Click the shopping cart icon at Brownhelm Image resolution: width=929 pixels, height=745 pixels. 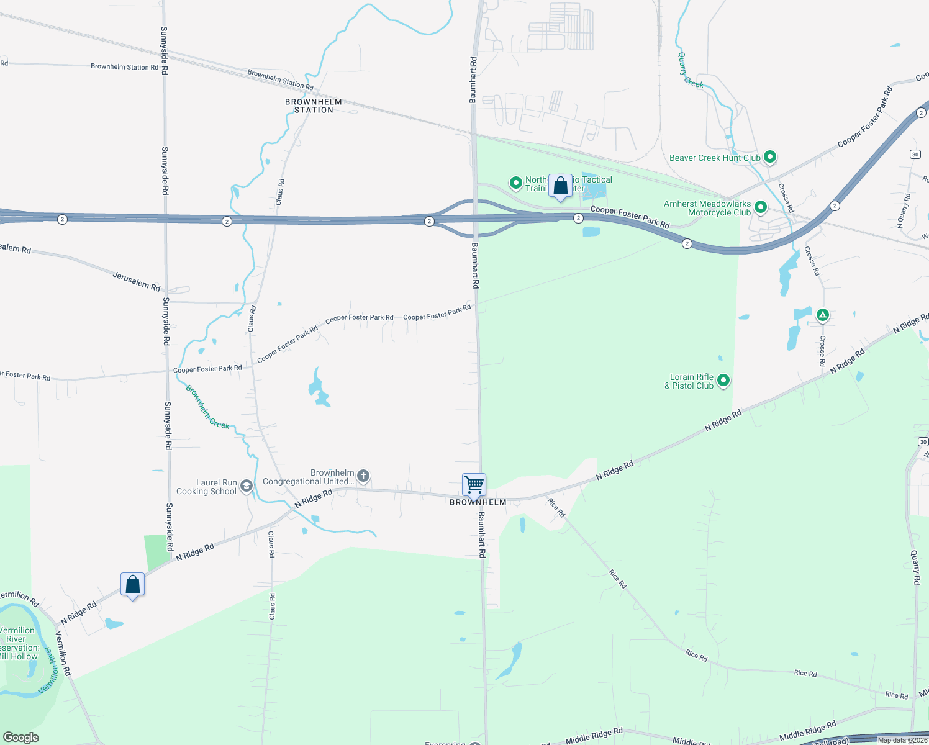coord(474,484)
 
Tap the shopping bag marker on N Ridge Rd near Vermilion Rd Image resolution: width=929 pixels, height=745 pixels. coord(132,585)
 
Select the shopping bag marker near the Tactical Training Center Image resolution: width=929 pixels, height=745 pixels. coord(560,186)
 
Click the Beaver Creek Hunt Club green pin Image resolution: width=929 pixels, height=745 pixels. coord(770,157)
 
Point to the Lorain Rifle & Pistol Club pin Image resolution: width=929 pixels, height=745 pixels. coord(723,380)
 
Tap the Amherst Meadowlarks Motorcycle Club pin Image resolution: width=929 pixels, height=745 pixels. coord(760,207)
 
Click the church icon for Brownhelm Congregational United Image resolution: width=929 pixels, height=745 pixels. coord(363,476)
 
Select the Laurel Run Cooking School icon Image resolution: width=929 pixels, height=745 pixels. coord(247,485)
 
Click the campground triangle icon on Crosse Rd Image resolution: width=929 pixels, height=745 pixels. coord(822,315)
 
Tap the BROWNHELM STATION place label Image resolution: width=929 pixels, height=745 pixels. coord(314,106)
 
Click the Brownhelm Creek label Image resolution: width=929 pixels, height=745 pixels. coord(207,407)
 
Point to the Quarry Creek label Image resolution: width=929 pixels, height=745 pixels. coord(691,70)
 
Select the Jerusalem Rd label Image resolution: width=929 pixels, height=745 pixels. coord(136,281)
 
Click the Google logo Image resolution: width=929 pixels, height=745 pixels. coord(21,738)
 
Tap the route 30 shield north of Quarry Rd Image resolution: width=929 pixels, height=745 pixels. coord(915,154)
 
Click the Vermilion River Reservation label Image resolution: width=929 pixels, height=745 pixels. coord(18,643)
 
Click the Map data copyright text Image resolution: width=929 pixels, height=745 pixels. coord(902,740)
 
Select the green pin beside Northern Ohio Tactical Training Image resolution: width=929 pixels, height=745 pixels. coord(515,183)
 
